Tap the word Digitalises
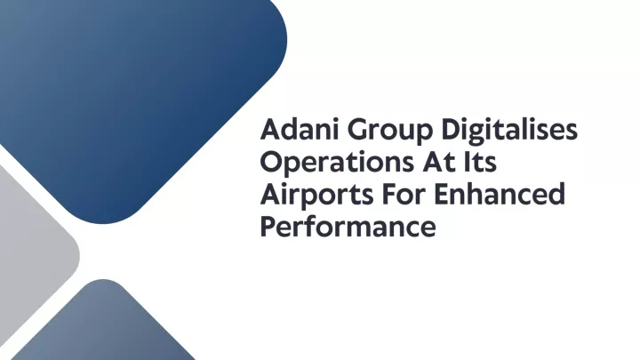point(509,132)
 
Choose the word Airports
point(316,195)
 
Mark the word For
point(404,195)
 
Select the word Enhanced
point(500,194)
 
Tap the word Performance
point(348,226)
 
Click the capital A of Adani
point(270,130)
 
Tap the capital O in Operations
point(271,162)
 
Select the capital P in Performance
point(268,227)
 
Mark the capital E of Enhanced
point(441,195)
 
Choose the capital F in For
point(389,195)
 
